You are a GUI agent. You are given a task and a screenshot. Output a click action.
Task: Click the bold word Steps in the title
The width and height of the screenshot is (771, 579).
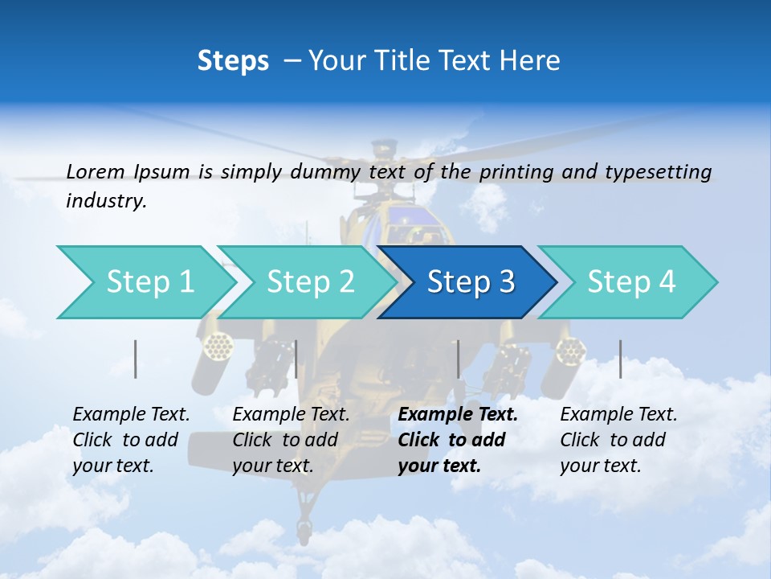(233, 61)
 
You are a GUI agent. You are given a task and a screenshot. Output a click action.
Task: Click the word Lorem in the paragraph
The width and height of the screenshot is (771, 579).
(95, 171)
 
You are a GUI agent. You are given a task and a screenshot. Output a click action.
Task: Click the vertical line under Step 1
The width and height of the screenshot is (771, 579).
(136, 359)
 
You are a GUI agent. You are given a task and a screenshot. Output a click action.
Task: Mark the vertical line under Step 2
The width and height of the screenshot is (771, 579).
(296, 359)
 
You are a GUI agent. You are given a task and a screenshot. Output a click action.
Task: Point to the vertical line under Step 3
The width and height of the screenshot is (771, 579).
(458, 359)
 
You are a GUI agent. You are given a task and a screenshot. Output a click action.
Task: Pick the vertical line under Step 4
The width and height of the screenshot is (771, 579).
(620, 359)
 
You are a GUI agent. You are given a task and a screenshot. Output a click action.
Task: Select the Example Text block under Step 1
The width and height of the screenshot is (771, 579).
(131, 440)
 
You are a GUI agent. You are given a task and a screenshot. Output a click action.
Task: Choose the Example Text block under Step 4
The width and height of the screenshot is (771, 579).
(618, 440)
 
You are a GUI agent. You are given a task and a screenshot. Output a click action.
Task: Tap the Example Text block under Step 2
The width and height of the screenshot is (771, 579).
(291, 440)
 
